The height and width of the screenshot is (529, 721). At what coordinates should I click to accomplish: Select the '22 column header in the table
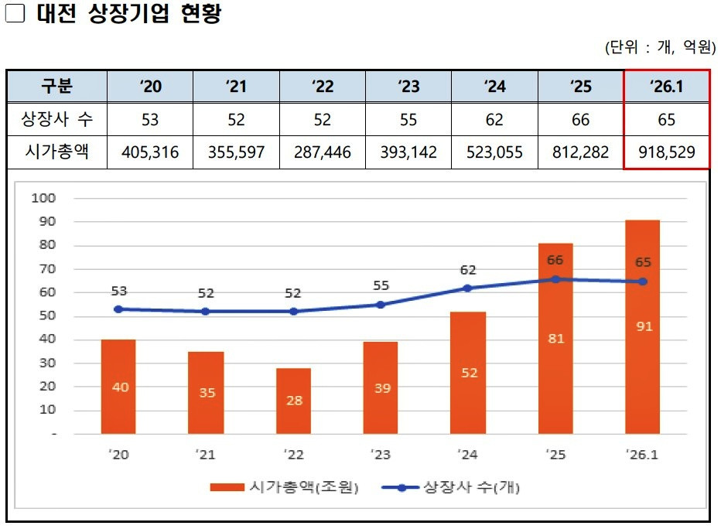click(322, 86)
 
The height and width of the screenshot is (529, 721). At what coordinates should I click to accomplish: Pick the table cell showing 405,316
click(150, 152)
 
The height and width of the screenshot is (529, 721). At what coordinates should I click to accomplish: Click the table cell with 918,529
click(667, 152)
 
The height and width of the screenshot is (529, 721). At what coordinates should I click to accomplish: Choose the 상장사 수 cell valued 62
click(494, 120)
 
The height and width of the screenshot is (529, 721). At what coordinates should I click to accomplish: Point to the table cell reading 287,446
click(322, 152)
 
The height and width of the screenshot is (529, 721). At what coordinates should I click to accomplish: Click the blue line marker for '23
click(380, 305)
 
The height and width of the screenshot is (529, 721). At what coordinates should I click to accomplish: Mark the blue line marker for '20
click(118, 309)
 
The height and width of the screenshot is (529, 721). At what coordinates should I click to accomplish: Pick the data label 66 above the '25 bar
click(555, 260)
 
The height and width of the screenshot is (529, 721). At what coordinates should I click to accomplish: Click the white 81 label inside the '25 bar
click(555, 338)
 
